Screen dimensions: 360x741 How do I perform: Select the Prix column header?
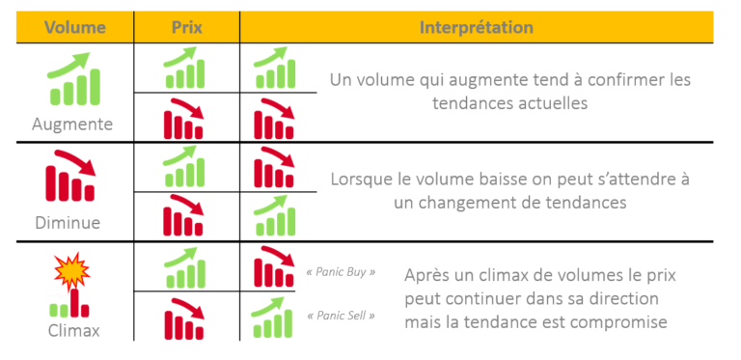tap(187, 27)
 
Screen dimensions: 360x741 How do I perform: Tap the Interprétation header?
tap(476, 27)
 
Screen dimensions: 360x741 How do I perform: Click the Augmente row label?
tap(72, 125)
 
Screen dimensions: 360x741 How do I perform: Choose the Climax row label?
tap(72, 330)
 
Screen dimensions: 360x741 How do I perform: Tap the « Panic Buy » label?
tap(341, 272)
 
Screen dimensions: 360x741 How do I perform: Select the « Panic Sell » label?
tap(341, 316)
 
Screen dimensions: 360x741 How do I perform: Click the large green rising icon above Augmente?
tap(74, 79)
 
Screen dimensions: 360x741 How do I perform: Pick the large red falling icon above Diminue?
tap(71, 178)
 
